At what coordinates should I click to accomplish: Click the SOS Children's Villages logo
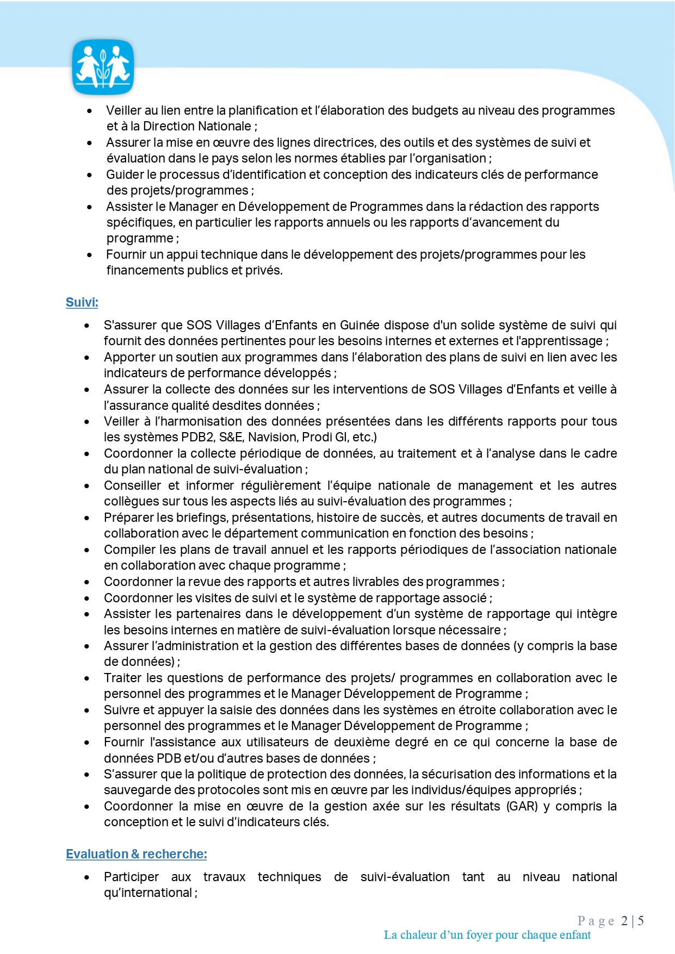[103, 67]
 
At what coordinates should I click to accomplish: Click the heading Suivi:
[82, 302]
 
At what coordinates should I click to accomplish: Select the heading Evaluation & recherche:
[136, 854]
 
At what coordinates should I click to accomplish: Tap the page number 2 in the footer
[624, 921]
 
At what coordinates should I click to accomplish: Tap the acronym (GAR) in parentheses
[522, 806]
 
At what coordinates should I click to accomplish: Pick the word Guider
[123, 174]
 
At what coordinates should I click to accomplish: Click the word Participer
[131, 877]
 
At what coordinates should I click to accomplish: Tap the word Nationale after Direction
[225, 126]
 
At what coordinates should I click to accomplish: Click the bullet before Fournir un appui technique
[90, 254]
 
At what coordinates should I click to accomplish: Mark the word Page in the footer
[596, 921]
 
